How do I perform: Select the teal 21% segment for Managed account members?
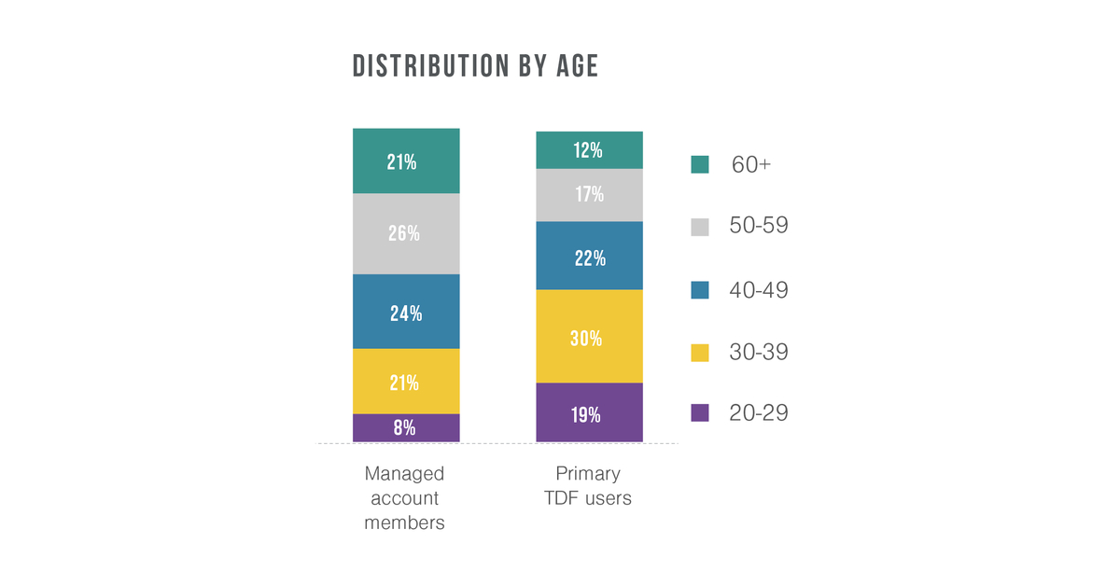click(406, 161)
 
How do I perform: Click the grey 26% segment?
click(406, 233)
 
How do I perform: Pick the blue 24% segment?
click(406, 312)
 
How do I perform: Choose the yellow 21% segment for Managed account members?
click(406, 382)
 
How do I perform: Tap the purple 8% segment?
click(406, 428)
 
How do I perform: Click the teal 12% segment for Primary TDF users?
click(589, 150)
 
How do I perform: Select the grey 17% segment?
click(589, 195)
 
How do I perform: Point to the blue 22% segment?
click(589, 257)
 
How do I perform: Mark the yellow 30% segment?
click(589, 337)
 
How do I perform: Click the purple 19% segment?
click(589, 413)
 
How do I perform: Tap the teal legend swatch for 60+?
click(700, 165)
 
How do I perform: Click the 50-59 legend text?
click(758, 226)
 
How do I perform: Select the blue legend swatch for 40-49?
click(700, 290)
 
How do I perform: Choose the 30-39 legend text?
click(758, 352)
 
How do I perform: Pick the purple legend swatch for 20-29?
click(700, 413)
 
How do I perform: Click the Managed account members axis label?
click(404, 498)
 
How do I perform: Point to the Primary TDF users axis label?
click(588, 486)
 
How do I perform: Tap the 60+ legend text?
click(751, 165)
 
